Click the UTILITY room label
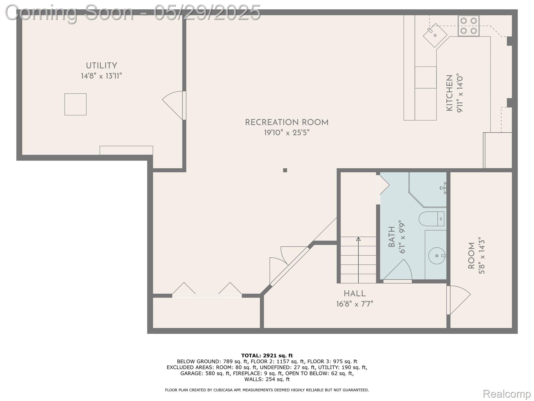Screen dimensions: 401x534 101,66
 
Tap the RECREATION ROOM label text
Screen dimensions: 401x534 287,122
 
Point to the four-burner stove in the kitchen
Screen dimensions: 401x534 469,26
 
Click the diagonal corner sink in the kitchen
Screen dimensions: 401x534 435,35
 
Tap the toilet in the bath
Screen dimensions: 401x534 432,219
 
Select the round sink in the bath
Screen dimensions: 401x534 437,256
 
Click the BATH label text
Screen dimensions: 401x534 392,237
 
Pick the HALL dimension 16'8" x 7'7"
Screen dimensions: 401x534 355,304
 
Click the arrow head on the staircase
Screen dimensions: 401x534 358,239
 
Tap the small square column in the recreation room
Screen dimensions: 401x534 285,170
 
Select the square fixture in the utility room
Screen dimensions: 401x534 75,104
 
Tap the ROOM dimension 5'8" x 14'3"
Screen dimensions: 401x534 482,257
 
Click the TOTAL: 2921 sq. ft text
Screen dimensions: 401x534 267,356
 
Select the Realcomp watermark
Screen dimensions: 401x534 507,394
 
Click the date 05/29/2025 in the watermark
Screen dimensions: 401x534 207,13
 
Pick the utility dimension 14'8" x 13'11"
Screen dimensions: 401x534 101,76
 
